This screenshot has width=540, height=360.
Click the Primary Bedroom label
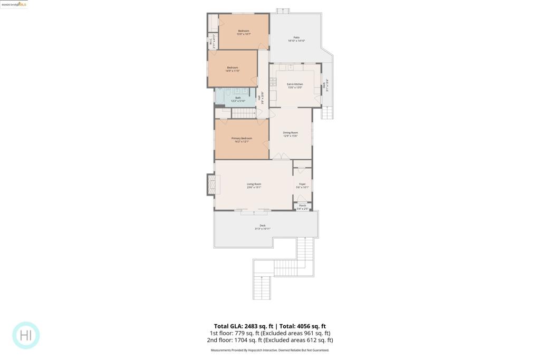[x=242, y=140]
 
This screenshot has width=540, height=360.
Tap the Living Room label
[x=254, y=186]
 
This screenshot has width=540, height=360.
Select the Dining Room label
[x=290, y=134]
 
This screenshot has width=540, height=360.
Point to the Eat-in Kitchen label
[x=295, y=85]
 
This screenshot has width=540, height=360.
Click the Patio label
[x=296, y=38]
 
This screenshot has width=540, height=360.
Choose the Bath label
[x=238, y=99]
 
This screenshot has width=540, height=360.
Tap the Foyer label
[x=302, y=185]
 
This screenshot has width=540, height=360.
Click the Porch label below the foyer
[x=302, y=207]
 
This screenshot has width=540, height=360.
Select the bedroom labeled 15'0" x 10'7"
[x=244, y=32]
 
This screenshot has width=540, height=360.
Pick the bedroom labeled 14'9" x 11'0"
[x=233, y=69]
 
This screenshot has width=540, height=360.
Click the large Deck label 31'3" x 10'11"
[x=263, y=227]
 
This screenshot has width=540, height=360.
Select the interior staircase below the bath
[x=243, y=113]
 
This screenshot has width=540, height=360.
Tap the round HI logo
[x=26, y=335]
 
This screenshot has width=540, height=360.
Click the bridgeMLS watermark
[x=14, y=4]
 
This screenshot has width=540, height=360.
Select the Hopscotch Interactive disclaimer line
[x=269, y=350]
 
